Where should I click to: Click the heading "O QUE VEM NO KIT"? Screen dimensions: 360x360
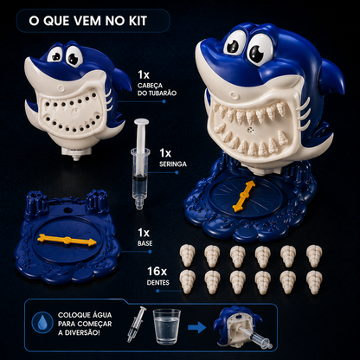pos(88,21)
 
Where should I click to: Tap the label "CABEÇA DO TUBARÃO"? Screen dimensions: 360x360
pos(157,89)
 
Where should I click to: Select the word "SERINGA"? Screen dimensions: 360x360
pos(173,164)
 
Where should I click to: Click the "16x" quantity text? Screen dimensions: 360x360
pos(157,271)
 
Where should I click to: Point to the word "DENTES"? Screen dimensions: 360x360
pos(158,282)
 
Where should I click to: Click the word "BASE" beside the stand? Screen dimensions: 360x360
pos(145,243)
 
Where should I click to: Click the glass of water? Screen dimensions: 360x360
pos(166,326)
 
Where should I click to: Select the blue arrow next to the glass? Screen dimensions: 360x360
pos(197,327)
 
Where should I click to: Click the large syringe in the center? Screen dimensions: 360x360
pos(140,163)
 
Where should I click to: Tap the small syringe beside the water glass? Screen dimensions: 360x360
pos(137,325)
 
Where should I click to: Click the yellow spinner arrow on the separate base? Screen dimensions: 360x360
pos(67,241)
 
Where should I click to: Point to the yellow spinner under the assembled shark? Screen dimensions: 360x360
pos(244,196)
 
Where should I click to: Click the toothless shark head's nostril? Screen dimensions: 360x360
pos(61,87)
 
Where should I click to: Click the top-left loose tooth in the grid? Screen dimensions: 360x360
pos(188,255)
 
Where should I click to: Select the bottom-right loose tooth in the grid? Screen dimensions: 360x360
pos(314,282)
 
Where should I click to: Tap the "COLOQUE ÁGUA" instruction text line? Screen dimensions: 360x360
pos(85,315)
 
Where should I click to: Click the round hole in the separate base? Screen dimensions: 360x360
pos(67,209)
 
